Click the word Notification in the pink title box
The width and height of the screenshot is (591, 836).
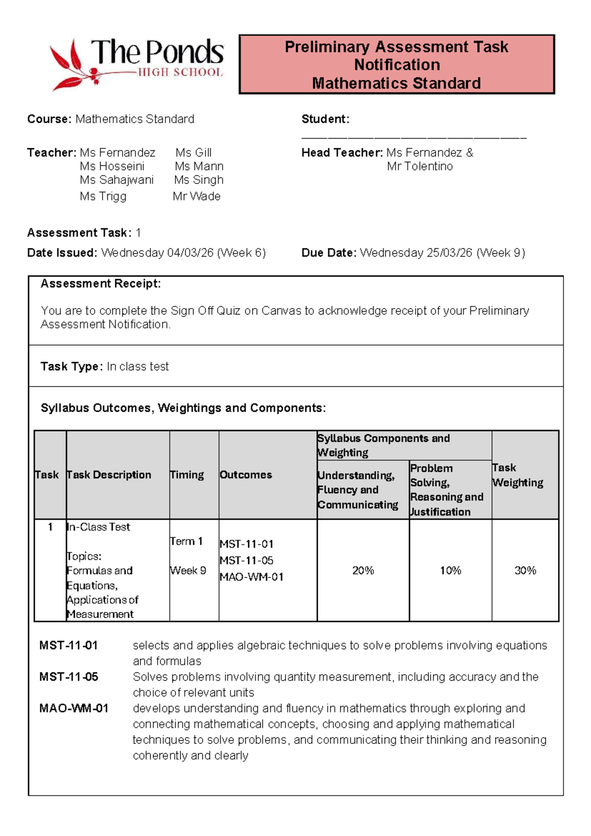tap(397, 65)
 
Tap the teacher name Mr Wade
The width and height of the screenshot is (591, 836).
tap(197, 196)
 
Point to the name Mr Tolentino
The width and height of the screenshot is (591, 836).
tap(420, 166)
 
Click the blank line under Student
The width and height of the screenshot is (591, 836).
tap(414, 138)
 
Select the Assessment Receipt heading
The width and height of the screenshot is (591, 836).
tap(100, 283)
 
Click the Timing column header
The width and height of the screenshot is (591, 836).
tap(187, 475)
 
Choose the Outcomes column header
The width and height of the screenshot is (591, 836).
tap(246, 475)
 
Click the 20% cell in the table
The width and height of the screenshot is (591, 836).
tap(363, 570)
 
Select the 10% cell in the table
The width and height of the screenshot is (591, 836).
tap(450, 570)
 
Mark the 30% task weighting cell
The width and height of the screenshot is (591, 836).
tap(525, 570)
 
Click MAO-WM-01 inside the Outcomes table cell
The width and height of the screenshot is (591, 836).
tap(251, 577)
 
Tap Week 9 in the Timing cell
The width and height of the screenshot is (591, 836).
tap(188, 570)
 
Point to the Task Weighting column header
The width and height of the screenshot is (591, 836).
tap(517, 475)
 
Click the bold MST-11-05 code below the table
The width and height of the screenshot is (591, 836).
tap(68, 677)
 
